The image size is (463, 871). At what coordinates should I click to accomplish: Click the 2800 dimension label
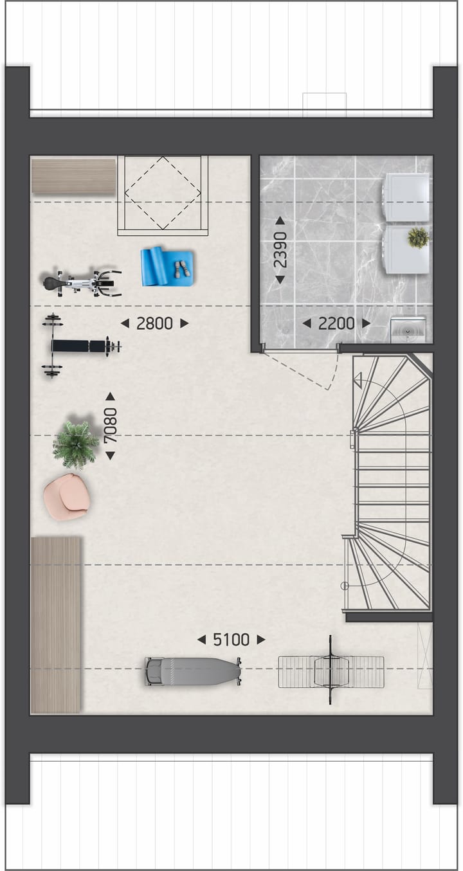pos(154,323)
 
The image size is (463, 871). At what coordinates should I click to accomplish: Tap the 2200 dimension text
pos(336,323)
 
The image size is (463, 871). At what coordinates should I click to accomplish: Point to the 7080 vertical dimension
pos(111,426)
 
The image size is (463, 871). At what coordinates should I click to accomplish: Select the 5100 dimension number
pos(231,640)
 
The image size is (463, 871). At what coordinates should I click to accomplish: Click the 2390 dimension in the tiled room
pos(280,250)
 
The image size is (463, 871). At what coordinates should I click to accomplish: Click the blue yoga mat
pos(168,266)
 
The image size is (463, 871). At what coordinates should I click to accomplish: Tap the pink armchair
pos(68,496)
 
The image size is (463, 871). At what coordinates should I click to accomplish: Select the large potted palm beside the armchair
pos(75,444)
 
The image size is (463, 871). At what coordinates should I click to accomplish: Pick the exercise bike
pos(82,283)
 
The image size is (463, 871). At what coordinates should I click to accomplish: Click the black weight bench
pos(81,346)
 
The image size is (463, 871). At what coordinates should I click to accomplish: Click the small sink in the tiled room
pos(408,330)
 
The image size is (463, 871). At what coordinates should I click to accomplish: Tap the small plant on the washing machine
pos(418,238)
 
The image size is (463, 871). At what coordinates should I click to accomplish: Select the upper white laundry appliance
pos(407,197)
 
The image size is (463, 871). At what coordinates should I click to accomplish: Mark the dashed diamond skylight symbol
pos(163,193)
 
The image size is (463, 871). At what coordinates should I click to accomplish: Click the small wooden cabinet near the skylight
pos(73,175)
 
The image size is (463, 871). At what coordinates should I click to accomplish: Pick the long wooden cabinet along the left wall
pos(56,625)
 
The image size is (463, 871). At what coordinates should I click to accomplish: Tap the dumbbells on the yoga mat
pos(183,269)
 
